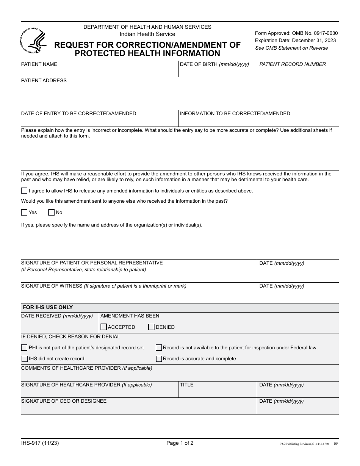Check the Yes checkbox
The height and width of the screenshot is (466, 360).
pos(24,213)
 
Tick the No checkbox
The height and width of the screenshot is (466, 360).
pos(51,213)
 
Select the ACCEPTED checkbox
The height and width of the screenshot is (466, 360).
pos(104,327)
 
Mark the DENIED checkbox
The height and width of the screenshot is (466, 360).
pos(151,327)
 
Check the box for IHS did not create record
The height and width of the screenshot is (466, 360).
pos(24,359)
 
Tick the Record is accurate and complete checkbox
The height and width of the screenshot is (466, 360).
pos(159,359)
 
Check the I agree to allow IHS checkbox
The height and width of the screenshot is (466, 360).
pos(24,191)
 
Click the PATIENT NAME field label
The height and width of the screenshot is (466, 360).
pos(39,64)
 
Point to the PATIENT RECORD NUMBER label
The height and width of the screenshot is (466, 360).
pos(293,64)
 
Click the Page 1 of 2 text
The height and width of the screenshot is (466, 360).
pos(180,443)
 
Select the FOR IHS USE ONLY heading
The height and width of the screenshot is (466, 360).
pos(48,308)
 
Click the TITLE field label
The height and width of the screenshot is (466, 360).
pos(186,385)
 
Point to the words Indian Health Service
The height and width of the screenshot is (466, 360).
pos(147,34)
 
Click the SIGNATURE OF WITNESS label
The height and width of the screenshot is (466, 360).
pos(52,286)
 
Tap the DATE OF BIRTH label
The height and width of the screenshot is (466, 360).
pos(214,64)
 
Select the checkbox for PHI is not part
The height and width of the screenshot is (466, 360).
pos(24,348)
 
